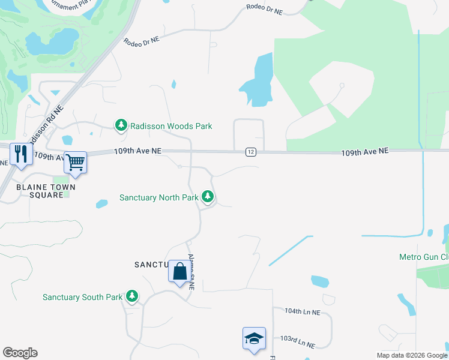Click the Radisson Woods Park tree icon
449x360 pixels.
(x=121, y=125)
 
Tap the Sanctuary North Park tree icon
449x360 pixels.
(x=208, y=196)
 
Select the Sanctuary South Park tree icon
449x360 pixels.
(x=132, y=296)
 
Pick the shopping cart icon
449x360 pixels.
(x=75, y=161)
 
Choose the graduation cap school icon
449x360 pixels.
(x=254, y=339)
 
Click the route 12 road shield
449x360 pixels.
(x=251, y=152)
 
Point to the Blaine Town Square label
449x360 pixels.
(x=46, y=191)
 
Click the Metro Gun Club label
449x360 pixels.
(x=424, y=257)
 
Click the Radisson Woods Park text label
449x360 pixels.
(x=171, y=126)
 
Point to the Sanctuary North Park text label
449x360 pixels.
(x=159, y=197)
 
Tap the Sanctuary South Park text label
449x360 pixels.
(x=82, y=297)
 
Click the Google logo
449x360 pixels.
(x=20, y=353)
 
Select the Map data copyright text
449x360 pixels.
(x=411, y=355)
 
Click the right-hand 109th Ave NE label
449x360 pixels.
(x=365, y=152)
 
